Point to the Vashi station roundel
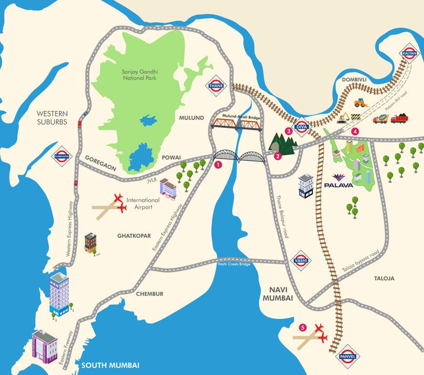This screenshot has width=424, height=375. point(300,260)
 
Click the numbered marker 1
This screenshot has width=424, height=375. point(218,165)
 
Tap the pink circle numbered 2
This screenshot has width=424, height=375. point(278,157)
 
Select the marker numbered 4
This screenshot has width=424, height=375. point(355,131)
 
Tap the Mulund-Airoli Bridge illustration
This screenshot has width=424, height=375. point(236,124)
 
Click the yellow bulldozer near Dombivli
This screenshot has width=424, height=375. point(361,103)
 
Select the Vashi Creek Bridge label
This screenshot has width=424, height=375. point(234,264)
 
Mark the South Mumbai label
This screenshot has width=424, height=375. point(110,365)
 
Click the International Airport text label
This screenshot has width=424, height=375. point(143,204)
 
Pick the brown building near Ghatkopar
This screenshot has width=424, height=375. point(91,242)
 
